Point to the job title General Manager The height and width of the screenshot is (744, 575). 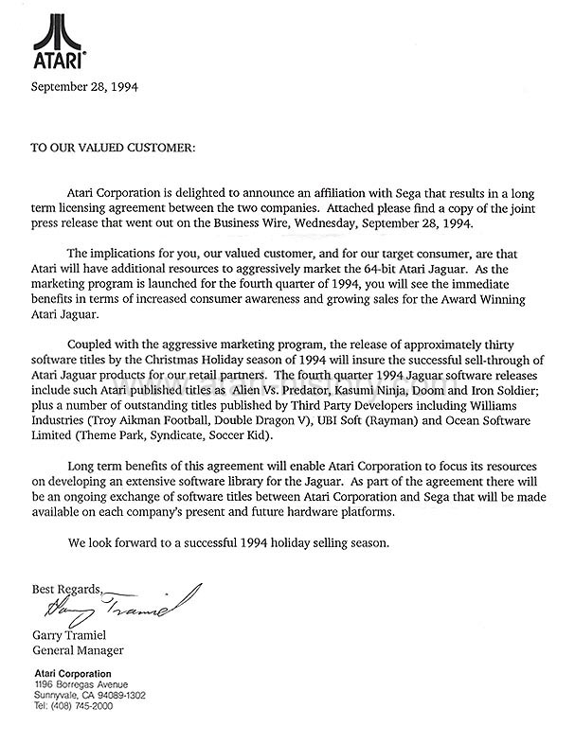pos(79,651)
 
